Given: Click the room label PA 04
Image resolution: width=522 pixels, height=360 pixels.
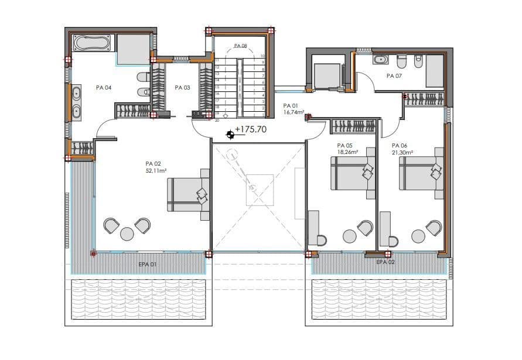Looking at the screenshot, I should pos(104,88).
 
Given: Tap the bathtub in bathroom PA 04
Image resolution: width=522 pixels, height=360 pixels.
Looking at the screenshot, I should pos(91,43).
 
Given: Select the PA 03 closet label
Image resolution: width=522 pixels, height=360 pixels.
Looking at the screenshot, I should pos(182,88).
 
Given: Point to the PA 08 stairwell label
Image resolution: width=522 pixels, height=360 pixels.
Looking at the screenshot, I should pos(240,46).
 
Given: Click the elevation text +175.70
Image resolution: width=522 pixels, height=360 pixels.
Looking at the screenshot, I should pos(250,129).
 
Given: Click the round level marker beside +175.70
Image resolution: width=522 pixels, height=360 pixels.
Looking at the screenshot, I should pos(230,135).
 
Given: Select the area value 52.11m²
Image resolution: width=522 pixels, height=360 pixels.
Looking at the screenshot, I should pos(156,171).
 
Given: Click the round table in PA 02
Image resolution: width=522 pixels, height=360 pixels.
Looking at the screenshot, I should pos(127,234).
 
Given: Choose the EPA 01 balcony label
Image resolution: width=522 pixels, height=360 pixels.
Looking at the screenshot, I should pos(147,265).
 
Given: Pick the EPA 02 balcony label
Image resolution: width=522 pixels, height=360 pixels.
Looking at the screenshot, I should pos(385,262).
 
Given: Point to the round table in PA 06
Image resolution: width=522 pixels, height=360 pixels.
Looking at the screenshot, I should pos(418,236).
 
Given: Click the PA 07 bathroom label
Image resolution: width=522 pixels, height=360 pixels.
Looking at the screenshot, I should pos(394,76).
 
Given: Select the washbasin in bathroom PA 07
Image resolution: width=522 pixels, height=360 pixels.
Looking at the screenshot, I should pos(380,59).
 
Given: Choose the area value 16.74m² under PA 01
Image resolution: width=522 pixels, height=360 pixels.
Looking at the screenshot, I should pos(294,111).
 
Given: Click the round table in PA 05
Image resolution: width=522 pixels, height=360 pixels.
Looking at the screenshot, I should pos(350,236).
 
